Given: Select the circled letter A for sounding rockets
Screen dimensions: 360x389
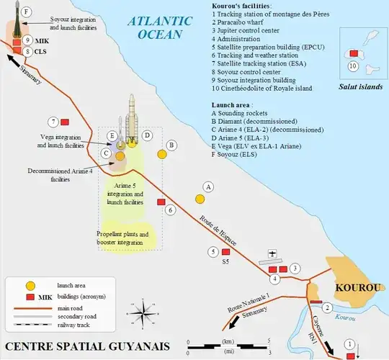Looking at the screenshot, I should (x=208, y=186).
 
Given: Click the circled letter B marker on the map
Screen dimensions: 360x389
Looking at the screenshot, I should (x=171, y=145).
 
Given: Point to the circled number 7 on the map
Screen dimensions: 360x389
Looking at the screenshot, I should (x=53, y=122).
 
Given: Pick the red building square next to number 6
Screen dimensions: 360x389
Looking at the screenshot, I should (x=161, y=202).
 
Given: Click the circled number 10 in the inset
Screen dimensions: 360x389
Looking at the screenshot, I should (x=354, y=66).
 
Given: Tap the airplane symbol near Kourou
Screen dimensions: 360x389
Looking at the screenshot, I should (x=272, y=254).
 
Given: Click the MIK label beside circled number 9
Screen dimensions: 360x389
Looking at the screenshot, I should (x=42, y=40).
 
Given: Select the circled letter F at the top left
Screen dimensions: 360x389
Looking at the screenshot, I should (x=27, y=12).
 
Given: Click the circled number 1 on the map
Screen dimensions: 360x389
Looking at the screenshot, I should (x=350, y=343).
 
